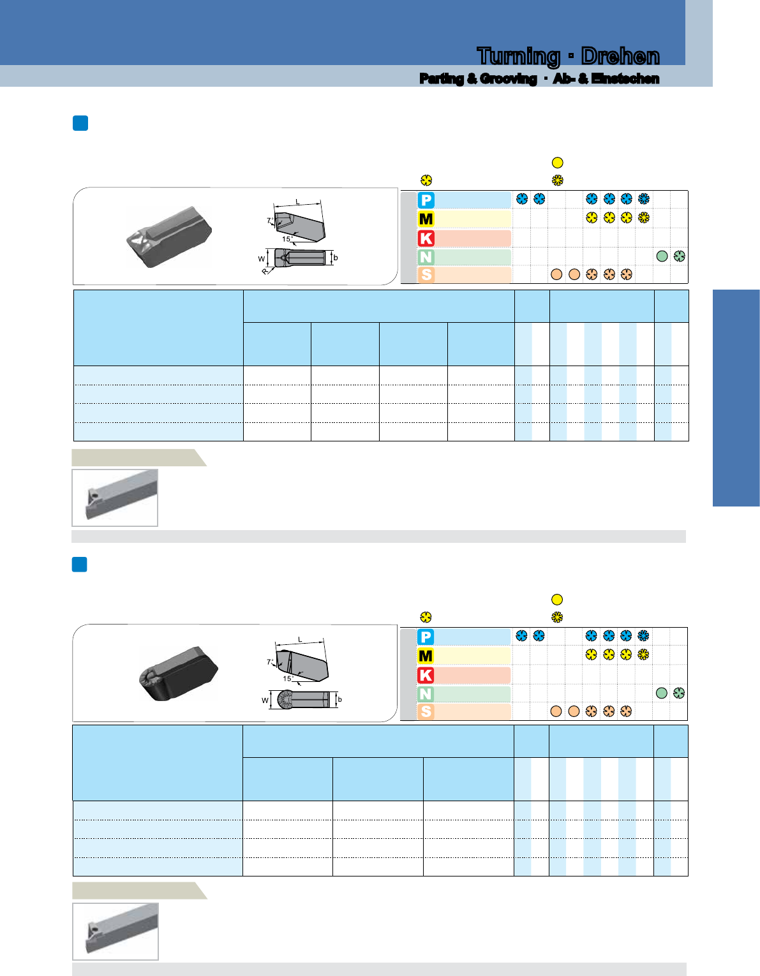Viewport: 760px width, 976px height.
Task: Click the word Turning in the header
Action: pos(518,57)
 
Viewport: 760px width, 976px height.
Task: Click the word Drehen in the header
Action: pos(620,56)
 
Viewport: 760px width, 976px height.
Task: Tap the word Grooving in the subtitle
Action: pos(508,78)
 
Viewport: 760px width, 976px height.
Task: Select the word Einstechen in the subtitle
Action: pos(625,78)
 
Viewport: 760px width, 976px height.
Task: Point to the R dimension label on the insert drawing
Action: pos(265,271)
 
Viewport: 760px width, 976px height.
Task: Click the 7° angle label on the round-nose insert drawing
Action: pos(270,662)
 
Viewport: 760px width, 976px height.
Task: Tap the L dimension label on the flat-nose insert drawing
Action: pos(297,202)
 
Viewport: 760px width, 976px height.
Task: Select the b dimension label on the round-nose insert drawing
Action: pos(339,699)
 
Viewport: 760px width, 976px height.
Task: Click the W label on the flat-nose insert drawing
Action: pos(262,259)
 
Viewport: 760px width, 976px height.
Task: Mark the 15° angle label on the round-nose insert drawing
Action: pos(288,678)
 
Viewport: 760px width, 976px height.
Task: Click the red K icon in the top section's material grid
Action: pos(426,239)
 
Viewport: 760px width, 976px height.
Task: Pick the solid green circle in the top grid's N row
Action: pos(662,256)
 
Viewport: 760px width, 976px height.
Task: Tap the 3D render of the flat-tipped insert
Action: pos(169,237)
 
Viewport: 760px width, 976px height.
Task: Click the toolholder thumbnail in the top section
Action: pos(115,498)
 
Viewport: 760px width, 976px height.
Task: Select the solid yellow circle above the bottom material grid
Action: pos(557,600)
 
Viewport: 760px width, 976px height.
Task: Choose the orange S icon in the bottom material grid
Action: pos(426,711)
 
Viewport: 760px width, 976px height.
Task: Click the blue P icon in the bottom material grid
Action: pos(426,637)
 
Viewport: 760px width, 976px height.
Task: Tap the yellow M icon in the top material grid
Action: pos(426,219)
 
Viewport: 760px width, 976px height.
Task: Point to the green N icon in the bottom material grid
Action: pos(426,693)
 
